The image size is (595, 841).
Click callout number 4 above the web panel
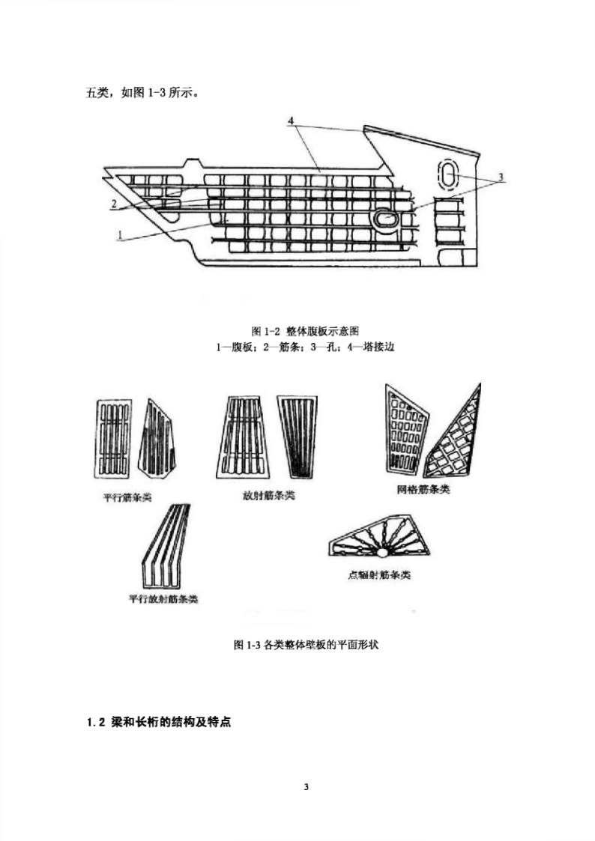291,121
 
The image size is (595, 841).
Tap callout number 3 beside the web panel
501,177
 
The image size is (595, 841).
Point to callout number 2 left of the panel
114,204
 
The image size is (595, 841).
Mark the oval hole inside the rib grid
385,218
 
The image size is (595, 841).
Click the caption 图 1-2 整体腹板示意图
305,331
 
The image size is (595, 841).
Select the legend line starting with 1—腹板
305,347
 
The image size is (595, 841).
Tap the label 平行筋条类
127,497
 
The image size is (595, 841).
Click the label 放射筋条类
269,495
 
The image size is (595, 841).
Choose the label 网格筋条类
423,489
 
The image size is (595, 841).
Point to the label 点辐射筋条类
379,575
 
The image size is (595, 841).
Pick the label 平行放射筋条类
163,598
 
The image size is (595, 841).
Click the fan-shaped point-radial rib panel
379,538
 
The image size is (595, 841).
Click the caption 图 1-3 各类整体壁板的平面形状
306,645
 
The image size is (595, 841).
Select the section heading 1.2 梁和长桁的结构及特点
159,722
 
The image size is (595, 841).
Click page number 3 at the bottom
306,787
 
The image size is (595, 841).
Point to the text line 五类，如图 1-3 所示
143,93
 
